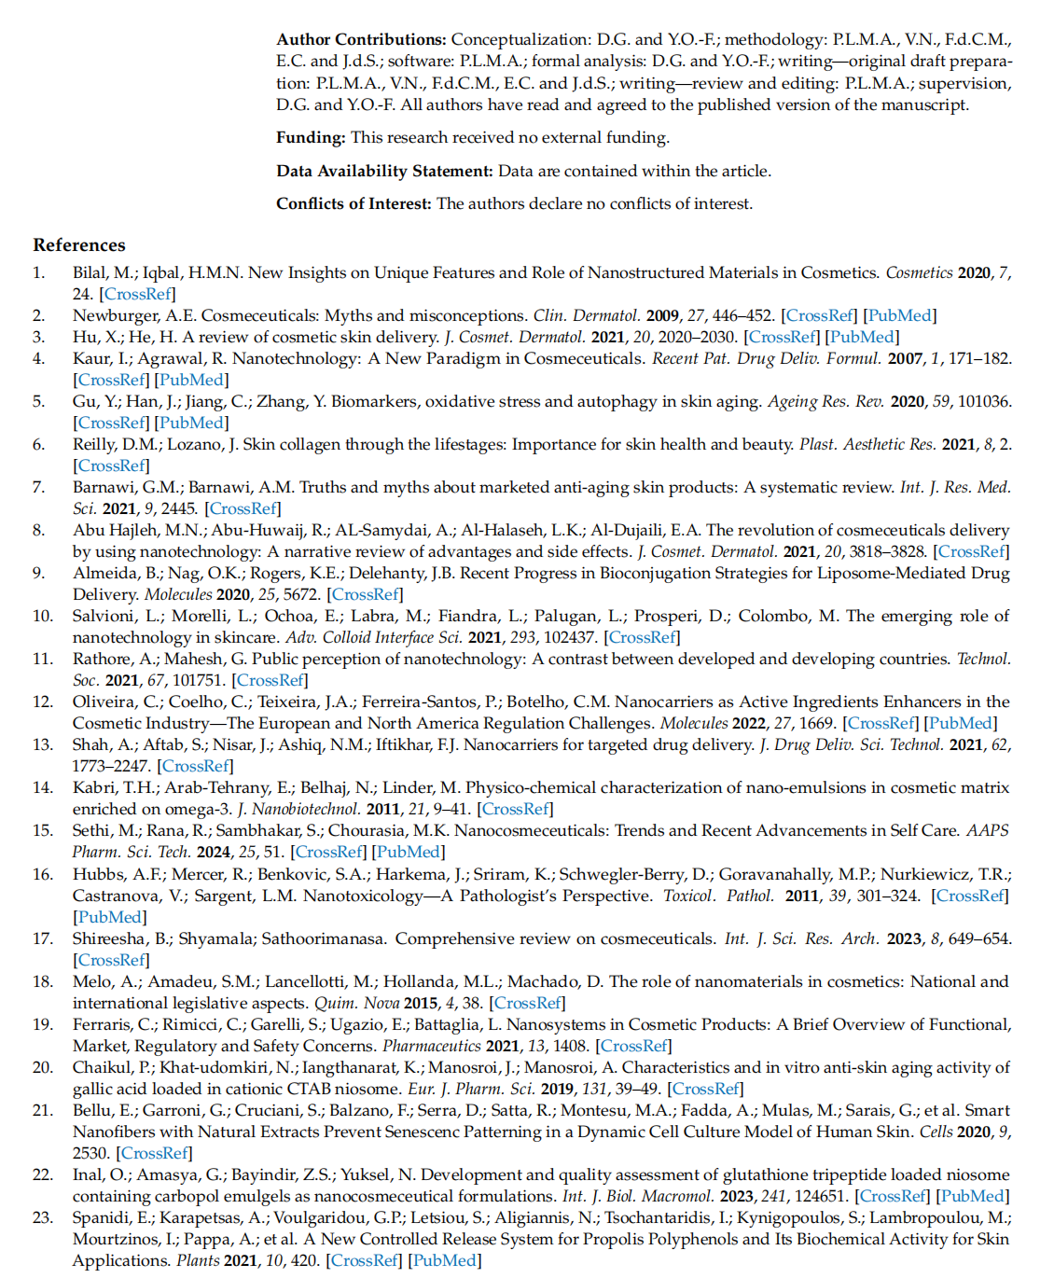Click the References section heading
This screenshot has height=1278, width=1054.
pyautogui.click(x=79, y=245)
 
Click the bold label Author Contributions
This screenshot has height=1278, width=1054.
pyautogui.click(x=360, y=39)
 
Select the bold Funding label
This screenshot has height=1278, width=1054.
pyautogui.click(x=311, y=137)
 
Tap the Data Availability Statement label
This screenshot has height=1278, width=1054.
pyautogui.click(x=384, y=171)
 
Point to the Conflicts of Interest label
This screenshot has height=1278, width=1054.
pyautogui.click(x=354, y=203)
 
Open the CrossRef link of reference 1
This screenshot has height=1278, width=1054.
pyautogui.click(x=138, y=294)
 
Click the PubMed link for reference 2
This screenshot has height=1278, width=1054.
pyautogui.click(x=900, y=315)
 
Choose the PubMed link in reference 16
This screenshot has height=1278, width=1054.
pyautogui.click(x=109, y=917)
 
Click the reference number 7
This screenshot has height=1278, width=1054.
pyautogui.click(x=38, y=487)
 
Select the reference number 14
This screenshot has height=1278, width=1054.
pyautogui.click(x=43, y=787)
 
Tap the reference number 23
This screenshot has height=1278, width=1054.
pyautogui.click(x=43, y=1217)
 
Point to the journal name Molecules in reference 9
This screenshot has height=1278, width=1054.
pyautogui.click(x=178, y=594)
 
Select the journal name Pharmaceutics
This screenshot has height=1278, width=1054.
pyautogui.click(x=432, y=1046)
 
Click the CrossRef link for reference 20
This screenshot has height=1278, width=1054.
pyautogui.click(x=706, y=1089)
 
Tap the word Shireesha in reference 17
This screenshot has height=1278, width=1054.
pyautogui.click(x=109, y=938)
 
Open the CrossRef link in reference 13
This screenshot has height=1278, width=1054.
pyautogui.click(x=196, y=766)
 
